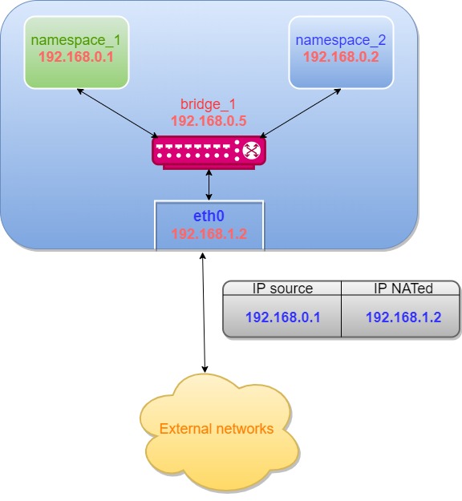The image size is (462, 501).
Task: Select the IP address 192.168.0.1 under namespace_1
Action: coord(76,57)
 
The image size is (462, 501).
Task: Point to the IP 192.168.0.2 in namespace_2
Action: coord(340,57)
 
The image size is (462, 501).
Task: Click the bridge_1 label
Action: coord(209,104)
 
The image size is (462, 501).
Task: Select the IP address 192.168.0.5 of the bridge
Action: coord(209,120)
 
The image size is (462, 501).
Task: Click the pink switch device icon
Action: coord(209,151)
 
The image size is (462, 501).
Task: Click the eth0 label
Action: coord(209,216)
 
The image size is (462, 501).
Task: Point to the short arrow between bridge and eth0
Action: coord(209,184)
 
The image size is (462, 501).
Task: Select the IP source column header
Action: coord(282,289)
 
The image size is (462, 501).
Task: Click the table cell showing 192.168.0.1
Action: coord(282,317)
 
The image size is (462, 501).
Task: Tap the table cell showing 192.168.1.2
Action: coord(403,317)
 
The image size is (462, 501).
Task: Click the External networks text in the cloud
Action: coord(217,429)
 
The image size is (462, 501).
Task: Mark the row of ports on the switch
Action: coord(197,148)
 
